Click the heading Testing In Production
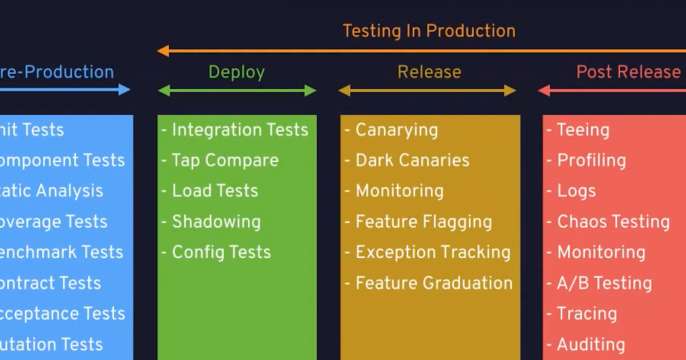[x=429, y=30]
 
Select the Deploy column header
[x=236, y=72]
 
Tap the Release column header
[x=429, y=72]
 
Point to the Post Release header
[x=628, y=72]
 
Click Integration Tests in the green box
[x=239, y=130]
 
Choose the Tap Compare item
[x=223, y=160]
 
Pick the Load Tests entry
[x=214, y=191]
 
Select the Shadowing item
[x=215, y=222]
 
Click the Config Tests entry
[x=220, y=252]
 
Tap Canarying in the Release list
[x=396, y=130]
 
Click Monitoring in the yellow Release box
[x=399, y=191]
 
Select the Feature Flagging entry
[x=423, y=222]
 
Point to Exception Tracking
[x=432, y=252]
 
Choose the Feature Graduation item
[x=433, y=283]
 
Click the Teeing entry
[x=582, y=130]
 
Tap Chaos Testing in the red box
[x=612, y=222]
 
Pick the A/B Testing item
[x=603, y=283]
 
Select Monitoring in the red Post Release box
[x=600, y=252]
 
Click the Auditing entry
[x=590, y=344]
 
